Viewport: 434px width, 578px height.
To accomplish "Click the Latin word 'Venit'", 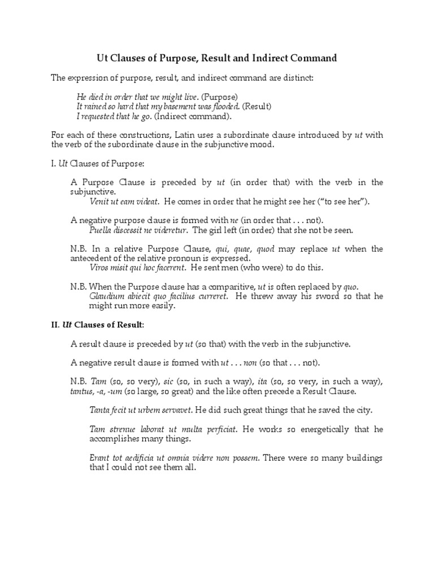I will point(99,201).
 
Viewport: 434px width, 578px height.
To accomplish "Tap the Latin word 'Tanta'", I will point(100,410).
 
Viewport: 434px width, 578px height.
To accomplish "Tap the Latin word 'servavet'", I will point(175,410).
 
